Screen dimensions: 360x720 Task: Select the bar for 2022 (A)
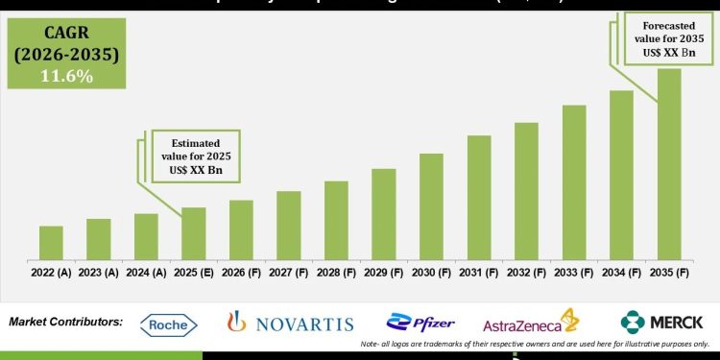(x=51, y=243)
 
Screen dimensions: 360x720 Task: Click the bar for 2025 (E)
(x=194, y=233)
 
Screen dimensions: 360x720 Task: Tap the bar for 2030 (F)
(x=431, y=206)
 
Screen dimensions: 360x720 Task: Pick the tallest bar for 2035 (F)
(x=669, y=163)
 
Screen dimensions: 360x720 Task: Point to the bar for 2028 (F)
(x=336, y=220)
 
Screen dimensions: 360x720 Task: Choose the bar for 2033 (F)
(x=574, y=182)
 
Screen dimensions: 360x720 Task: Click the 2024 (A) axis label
(x=146, y=273)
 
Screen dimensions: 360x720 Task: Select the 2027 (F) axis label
(x=289, y=273)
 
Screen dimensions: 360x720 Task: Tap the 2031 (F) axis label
(x=479, y=273)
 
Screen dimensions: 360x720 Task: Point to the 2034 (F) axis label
(x=621, y=273)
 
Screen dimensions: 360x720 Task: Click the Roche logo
(x=169, y=324)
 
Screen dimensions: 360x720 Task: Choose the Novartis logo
(x=290, y=324)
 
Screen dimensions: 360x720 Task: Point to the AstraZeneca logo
(x=531, y=324)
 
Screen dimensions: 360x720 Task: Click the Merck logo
(x=662, y=322)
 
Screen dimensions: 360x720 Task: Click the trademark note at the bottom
(x=535, y=344)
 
